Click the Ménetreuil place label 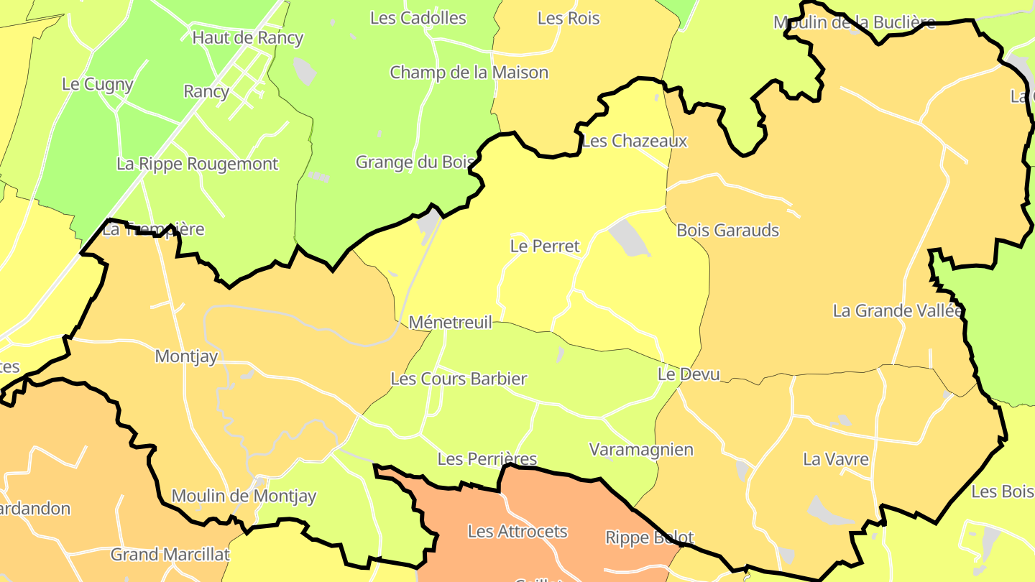tap(451, 323)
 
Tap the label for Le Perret tap(545, 246)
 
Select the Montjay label tap(186, 356)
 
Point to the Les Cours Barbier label tap(459, 379)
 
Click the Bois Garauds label tap(727, 231)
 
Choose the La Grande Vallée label tap(897, 311)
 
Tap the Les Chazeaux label tap(635, 141)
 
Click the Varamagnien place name tap(641, 450)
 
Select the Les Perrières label tap(487, 458)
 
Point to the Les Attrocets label tap(517, 532)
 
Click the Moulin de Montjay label tap(244, 496)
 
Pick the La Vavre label tap(836, 459)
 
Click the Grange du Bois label tap(415, 162)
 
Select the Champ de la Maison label tap(469, 73)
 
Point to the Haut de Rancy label tap(248, 38)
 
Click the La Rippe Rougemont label tap(197, 164)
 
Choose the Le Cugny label tap(98, 84)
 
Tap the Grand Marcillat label tap(170, 555)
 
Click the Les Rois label tap(569, 19)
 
